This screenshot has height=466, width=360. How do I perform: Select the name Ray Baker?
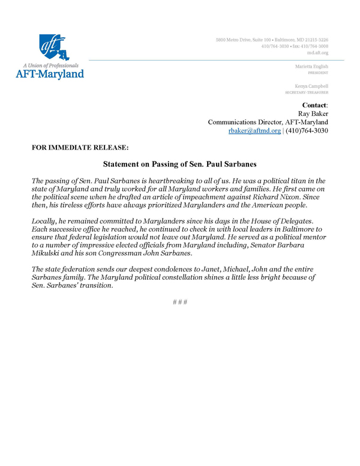(313, 113)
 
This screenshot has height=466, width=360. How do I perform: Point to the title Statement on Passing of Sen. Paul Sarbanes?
(179, 163)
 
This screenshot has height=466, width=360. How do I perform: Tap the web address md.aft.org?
(318, 53)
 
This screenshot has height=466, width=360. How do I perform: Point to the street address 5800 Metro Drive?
(236, 40)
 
